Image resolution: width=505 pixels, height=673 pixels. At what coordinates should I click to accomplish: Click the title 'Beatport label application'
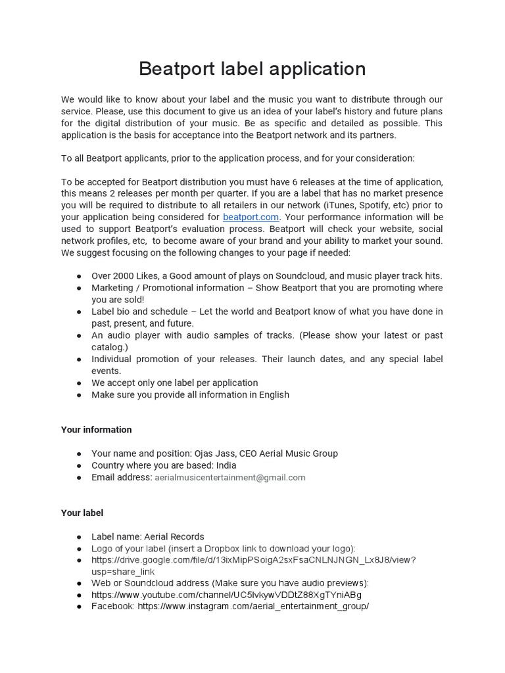click(252, 69)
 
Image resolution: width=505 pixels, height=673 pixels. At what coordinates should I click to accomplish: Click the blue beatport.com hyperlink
click(251, 217)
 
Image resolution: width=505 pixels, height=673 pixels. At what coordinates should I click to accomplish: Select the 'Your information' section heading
click(96, 430)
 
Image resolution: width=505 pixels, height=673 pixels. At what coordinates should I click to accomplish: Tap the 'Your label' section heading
click(82, 513)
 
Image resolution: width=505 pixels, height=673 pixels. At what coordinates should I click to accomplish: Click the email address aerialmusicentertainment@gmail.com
click(230, 478)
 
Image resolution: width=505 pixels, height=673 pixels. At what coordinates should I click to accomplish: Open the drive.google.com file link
click(253, 560)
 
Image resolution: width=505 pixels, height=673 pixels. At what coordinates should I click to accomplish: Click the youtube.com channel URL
click(226, 595)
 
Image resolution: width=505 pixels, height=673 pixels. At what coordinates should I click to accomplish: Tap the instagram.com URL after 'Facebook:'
click(253, 607)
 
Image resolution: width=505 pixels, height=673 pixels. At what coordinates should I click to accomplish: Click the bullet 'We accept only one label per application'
click(174, 383)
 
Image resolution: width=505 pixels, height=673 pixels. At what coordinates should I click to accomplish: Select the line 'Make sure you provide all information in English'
click(190, 394)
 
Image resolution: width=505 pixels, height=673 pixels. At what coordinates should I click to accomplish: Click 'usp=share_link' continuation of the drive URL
click(123, 572)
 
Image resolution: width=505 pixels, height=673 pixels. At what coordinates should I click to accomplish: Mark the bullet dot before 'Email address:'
click(79, 478)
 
